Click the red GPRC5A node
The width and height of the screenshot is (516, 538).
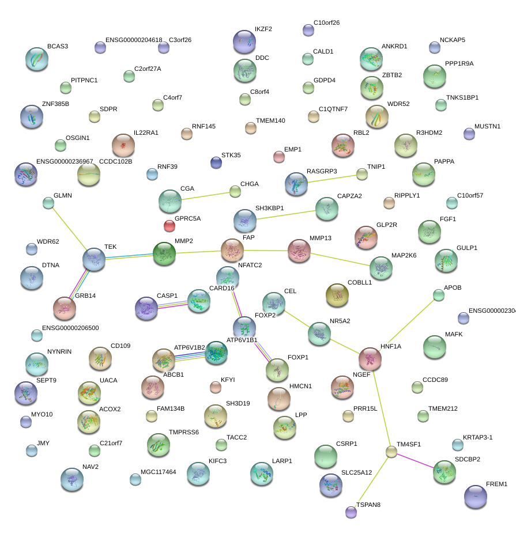pyautogui.click(x=170, y=226)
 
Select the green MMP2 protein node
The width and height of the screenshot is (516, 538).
pyautogui.click(x=164, y=253)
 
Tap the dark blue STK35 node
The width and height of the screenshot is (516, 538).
pyautogui.click(x=216, y=162)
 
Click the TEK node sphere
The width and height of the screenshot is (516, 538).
pyautogui.click(x=94, y=259)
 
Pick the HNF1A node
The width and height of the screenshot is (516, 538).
pyautogui.click(x=370, y=359)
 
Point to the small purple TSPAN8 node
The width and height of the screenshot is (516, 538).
pyautogui.click(x=351, y=512)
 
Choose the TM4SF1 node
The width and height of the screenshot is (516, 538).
pyautogui.click(x=391, y=452)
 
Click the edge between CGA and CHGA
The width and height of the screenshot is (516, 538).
pyautogui.click(x=205, y=196)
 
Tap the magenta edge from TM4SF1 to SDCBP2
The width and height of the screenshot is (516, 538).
pyautogui.click(x=416, y=460)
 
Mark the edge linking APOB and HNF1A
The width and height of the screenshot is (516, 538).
pyautogui.click(x=411, y=323)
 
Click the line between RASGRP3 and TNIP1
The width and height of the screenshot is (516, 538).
pyautogui.click(x=332, y=179)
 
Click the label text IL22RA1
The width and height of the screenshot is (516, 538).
pyautogui.click(x=146, y=133)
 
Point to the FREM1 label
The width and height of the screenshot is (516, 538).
pyautogui.click(x=496, y=484)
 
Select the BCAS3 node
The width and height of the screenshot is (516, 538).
pyautogui.click(x=37, y=59)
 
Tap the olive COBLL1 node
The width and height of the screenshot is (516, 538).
pyautogui.click(x=337, y=295)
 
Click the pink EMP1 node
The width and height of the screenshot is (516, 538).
pyautogui.click(x=279, y=157)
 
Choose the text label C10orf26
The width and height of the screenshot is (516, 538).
pyautogui.click(x=326, y=22)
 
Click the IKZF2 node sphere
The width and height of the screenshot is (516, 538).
pyautogui.click(x=244, y=41)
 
